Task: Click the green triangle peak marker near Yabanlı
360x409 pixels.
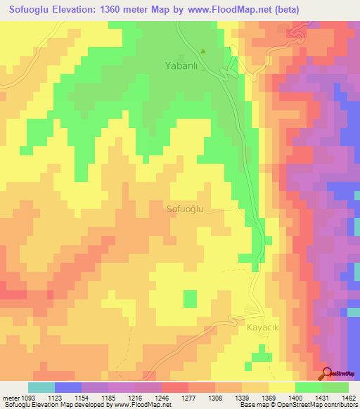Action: (x=204, y=51)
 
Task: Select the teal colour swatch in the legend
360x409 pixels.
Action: (x=41, y=387)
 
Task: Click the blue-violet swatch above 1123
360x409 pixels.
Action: (x=68, y=387)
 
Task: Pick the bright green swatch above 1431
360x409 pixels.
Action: (x=309, y=387)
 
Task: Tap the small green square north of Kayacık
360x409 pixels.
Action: (x=190, y=299)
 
